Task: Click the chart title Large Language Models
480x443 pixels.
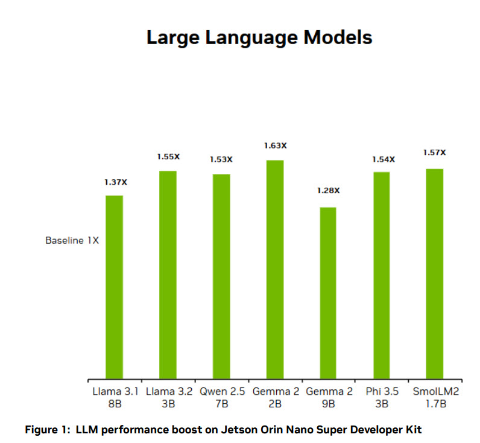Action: coord(259,37)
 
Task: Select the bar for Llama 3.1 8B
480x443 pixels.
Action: coord(114,287)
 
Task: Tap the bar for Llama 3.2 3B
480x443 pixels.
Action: coord(168,275)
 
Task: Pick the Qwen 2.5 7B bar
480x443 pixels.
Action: coord(221,276)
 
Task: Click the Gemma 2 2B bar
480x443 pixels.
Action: coord(274,269)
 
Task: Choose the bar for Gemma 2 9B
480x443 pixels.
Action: coord(328,293)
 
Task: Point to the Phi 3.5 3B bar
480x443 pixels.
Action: coord(381,275)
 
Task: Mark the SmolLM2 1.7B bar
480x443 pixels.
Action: coord(434,273)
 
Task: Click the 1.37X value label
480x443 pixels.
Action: coord(114,182)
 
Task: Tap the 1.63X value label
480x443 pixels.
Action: coord(275,145)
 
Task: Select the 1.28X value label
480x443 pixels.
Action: coord(329,191)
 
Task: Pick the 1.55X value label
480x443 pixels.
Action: coord(168,156)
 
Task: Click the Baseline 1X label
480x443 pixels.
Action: coord(72,240)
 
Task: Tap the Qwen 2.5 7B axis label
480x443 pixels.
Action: coord(221,398)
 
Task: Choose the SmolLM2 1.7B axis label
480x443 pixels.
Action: coord(434,398)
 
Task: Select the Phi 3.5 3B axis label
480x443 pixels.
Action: coord(381,398)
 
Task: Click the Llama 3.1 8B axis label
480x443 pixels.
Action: coord(114,398)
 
